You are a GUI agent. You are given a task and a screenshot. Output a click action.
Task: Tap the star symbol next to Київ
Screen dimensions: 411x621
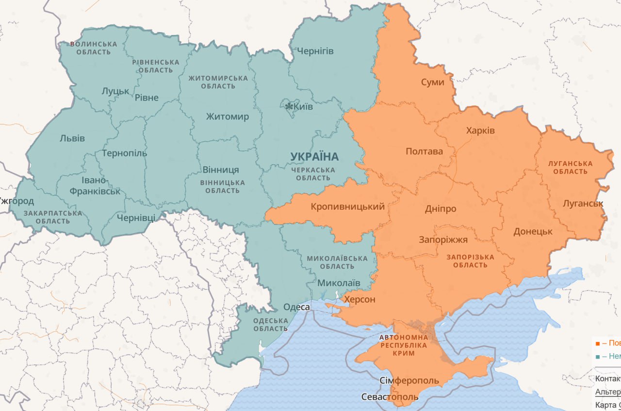click(x=290, y=106)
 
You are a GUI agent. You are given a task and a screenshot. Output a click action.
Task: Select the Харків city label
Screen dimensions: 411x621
click(x=480, y=131)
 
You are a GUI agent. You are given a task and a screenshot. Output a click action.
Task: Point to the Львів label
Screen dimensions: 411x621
click(x=72, y=138)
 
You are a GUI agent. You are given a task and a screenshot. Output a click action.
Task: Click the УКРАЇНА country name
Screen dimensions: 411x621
click(x=314, y=156)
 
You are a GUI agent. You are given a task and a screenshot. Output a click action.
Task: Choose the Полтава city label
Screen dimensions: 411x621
click(x=424, y=152)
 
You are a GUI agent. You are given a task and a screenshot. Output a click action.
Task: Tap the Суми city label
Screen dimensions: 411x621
click(x=432, y=82)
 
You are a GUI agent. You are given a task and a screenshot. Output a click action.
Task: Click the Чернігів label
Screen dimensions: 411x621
click(x=315, y=51)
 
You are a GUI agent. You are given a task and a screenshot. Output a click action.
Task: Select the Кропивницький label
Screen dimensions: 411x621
click(x=347, y=206)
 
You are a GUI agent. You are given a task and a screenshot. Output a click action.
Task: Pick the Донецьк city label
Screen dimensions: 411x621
click(x=533, y=232)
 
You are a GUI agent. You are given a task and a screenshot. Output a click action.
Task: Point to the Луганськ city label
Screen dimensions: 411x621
click(x=583, y=204)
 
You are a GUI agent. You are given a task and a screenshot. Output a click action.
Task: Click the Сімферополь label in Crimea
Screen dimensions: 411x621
click(x=409, y=380)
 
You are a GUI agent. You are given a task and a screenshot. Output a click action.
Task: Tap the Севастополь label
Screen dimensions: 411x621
click(x=390, y=397)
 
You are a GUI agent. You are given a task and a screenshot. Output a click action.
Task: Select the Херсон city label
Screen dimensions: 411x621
click(x=360, y=299)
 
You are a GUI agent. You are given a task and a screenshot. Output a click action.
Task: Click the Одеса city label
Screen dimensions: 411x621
click(x=296, y=307)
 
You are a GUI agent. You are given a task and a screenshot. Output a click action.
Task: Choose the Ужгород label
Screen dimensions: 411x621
click(x=16, y=201)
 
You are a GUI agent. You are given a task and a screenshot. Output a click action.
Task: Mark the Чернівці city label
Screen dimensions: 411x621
click(x=136, y=218)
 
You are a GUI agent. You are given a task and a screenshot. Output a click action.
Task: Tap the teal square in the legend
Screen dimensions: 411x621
click(x=598, y=357)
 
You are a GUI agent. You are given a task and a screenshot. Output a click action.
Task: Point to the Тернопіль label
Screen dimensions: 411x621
click(x=124, y=153)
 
